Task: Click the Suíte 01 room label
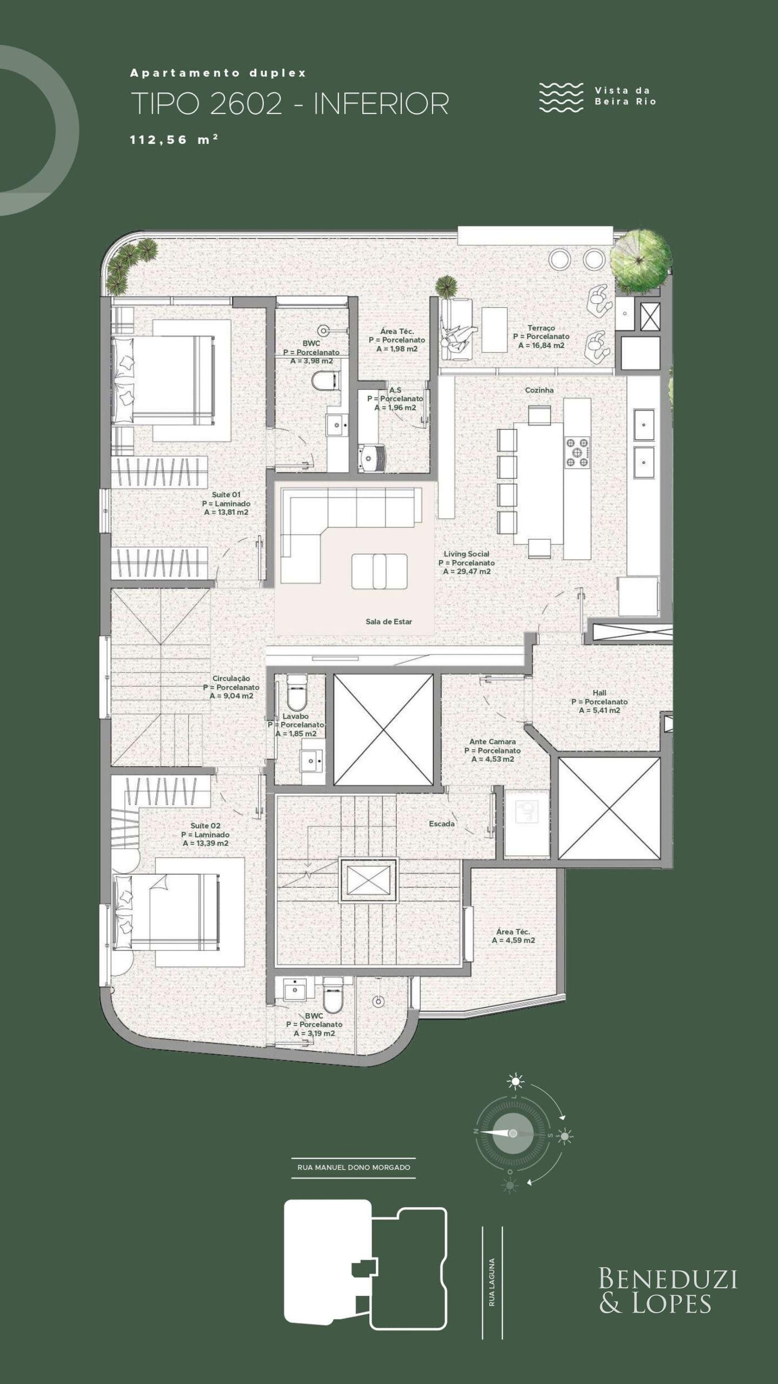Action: (226, 495)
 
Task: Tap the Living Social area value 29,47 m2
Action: (467, 571)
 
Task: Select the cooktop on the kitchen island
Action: (577, 452)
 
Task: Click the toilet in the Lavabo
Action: (296, 693)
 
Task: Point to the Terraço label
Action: (541, 328)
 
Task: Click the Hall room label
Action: (599, 693)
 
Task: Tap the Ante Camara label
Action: (492, 742)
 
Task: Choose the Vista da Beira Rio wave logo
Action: (561, 97)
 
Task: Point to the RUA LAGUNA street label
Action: (492, 1275)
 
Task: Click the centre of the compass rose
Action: (513, 1133)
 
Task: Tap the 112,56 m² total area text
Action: (174, 139)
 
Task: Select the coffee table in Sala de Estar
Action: (379, 571)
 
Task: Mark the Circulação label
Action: (231, 678)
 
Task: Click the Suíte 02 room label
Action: (205, 826)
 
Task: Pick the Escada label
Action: (442, 824)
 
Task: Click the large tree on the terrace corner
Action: (641, 262)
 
